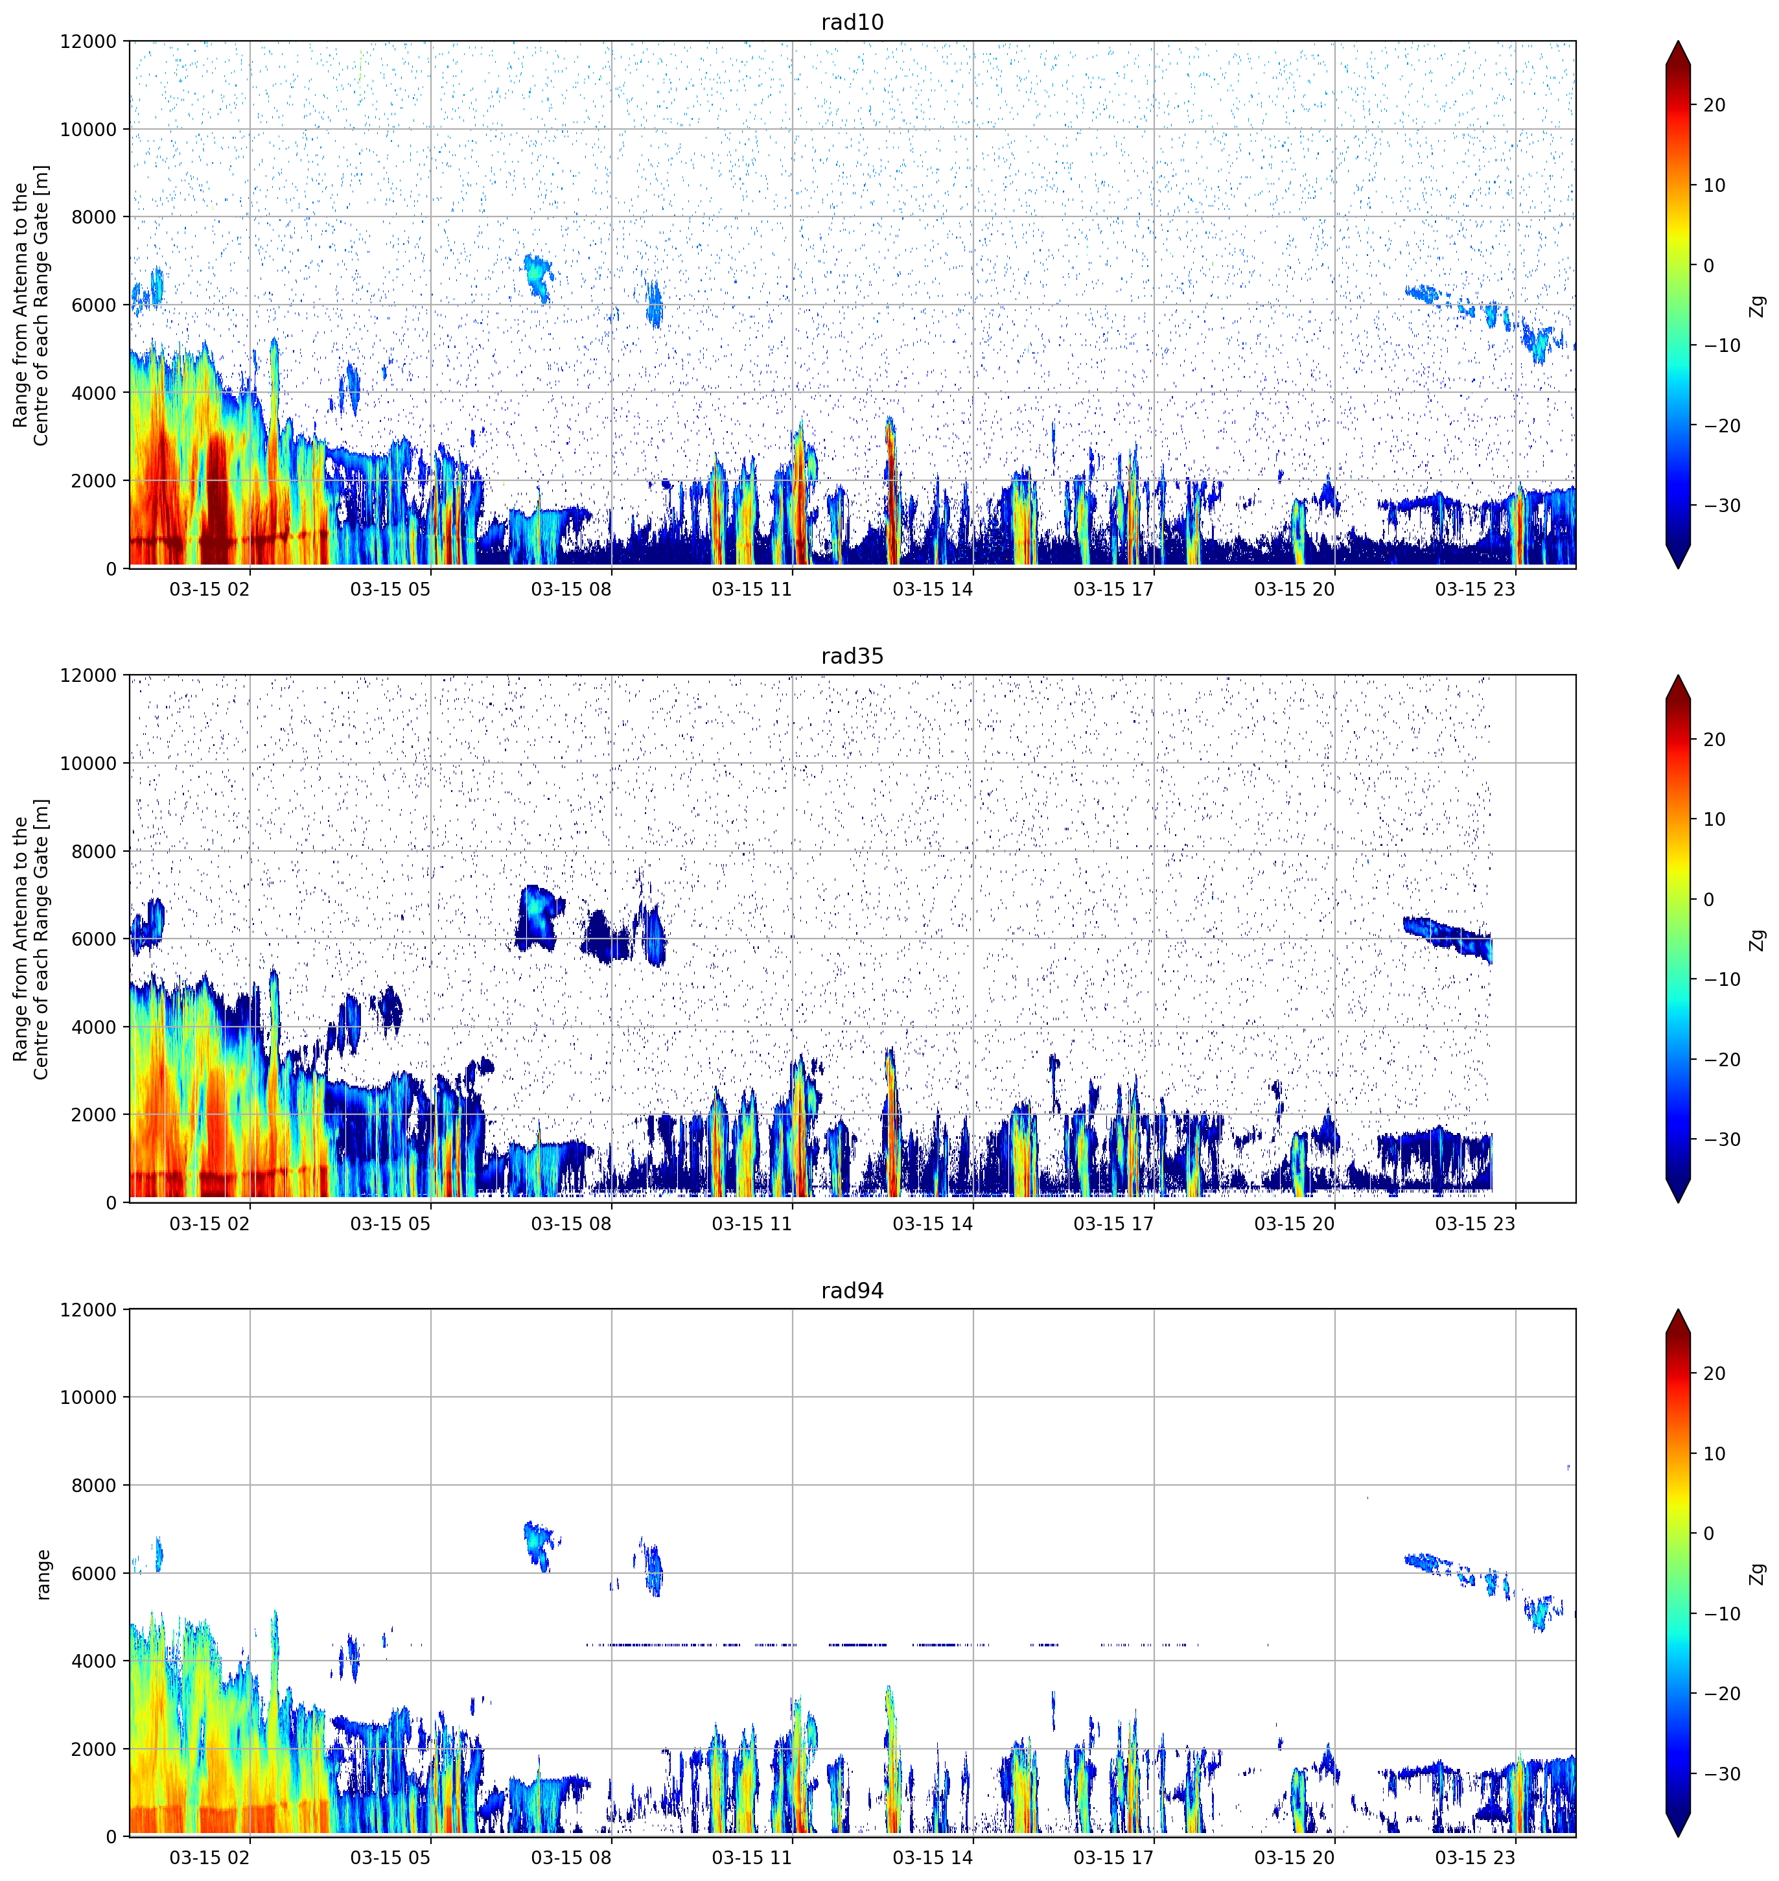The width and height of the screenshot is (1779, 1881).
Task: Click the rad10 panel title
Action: point(852,22)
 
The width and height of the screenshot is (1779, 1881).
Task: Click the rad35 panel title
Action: point(852,657)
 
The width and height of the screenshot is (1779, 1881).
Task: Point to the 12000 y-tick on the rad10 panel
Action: point(88,41)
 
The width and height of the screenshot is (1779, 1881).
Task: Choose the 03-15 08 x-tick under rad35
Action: point(571,1224)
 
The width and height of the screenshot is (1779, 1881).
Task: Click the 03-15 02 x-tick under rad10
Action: point(209,589)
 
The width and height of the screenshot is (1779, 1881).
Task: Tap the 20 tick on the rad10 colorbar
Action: point(1714,105)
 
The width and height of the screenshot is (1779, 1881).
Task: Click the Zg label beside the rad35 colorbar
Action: point(1757,939)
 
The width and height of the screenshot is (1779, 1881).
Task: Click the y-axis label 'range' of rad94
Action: point(43,1574)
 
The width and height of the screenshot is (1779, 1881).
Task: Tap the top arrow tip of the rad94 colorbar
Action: point(1677,1310)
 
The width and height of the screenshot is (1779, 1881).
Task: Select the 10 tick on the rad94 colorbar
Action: point(1714,1453)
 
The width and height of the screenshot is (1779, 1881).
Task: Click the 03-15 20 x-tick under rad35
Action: point(1294,1224)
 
